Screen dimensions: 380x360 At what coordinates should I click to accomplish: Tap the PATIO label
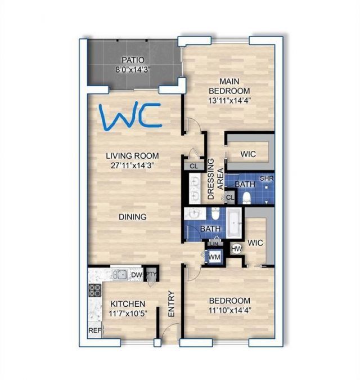point(133,60)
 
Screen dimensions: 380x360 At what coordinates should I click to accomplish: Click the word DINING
point(133,216)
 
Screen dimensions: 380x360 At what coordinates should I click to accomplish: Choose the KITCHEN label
point(128,303)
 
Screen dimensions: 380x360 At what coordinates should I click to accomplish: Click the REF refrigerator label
point(94,331)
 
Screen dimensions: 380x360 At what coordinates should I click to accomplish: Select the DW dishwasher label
point(136,275)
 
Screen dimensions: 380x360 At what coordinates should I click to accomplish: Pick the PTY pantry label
point(151,275)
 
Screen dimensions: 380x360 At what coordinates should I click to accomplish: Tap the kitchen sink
point(120,275)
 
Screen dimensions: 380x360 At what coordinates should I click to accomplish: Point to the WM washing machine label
point(214,257)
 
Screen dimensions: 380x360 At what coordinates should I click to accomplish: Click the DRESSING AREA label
point(215,180)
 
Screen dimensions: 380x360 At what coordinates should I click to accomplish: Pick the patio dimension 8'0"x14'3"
point(133,69)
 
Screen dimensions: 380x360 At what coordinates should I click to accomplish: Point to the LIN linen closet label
point(214,243)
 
